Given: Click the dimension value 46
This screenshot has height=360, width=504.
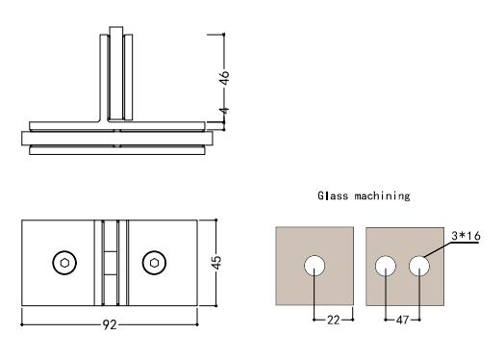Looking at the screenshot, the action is [225, 78].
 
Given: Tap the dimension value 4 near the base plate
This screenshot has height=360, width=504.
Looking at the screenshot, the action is [225, 111].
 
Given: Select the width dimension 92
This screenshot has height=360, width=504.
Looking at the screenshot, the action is [110, 324].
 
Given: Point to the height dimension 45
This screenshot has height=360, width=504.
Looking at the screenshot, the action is [217, 263].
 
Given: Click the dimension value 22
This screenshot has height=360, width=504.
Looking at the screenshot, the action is [334, 320].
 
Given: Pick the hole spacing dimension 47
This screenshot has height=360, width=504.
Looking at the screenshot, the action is [402, 320].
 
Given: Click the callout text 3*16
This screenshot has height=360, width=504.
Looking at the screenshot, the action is [466, 236].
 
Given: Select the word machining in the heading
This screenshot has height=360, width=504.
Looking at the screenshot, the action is [383, 196].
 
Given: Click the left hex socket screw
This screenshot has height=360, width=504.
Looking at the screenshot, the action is [64, 263].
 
